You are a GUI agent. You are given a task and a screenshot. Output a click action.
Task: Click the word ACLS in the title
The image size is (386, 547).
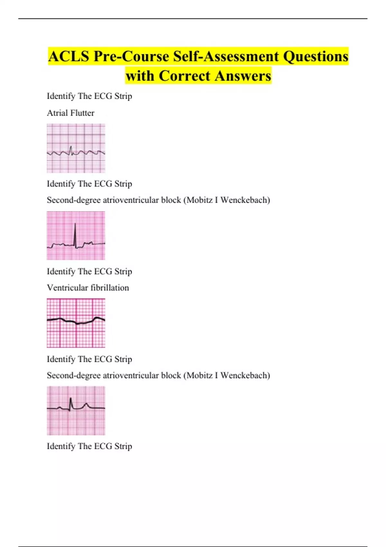pos(68,56)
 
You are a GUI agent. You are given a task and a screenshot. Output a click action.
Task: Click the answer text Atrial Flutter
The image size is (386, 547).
pos(70,113)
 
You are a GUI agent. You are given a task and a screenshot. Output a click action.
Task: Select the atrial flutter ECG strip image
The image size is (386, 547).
pos(76,148)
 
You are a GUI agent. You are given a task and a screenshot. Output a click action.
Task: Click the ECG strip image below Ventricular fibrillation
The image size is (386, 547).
pos(76,323)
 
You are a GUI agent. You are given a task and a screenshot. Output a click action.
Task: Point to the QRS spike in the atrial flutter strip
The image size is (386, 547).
pos(71,150)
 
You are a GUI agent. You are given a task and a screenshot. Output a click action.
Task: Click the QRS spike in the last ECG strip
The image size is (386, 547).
pos(71,403)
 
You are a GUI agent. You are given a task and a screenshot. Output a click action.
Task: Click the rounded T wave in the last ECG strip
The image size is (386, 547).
pos(86,405)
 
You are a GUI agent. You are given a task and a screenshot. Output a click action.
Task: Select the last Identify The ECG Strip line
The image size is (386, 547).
pos(89,446)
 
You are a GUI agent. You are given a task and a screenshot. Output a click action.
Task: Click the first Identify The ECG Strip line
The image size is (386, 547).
pos(89,96)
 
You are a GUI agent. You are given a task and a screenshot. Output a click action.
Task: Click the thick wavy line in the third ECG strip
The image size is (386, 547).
pos(76,322)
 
